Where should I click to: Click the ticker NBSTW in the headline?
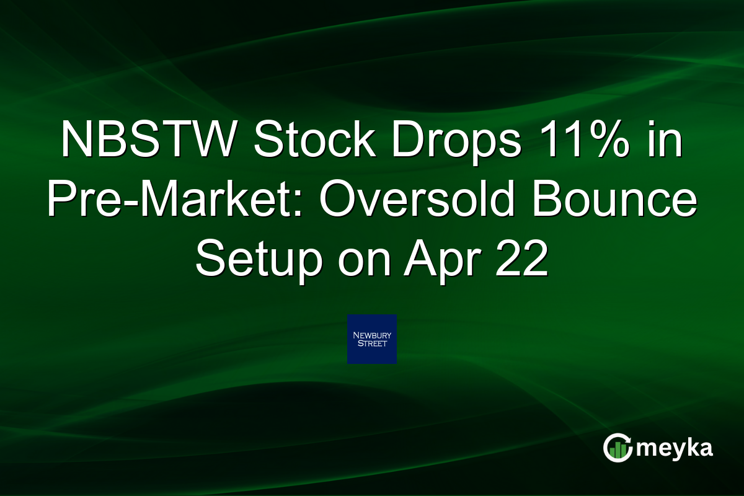[148, 139]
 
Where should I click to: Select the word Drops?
[457, 142]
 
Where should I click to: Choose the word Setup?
[259, 262]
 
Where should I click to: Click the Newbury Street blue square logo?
[371, 339]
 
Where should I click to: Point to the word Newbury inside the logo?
[372, 335]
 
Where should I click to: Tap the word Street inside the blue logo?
[372, 343]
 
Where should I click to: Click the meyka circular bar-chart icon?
[618, 448]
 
